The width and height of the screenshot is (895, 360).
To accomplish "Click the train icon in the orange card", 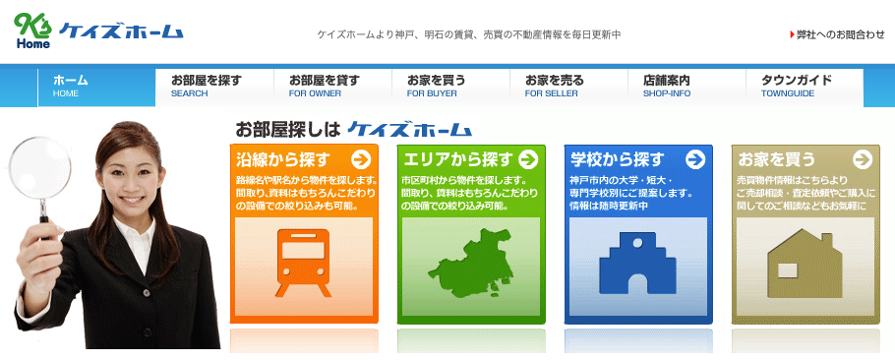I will [304, 262].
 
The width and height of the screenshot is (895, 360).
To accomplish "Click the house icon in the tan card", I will [805, 262].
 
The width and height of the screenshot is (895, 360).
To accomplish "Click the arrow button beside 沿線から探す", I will [361, 159].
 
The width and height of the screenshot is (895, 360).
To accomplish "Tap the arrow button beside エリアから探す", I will [528, 159].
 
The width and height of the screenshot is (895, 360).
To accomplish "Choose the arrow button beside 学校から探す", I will [695, 159].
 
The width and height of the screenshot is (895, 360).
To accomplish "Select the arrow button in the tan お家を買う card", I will [863, 159].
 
